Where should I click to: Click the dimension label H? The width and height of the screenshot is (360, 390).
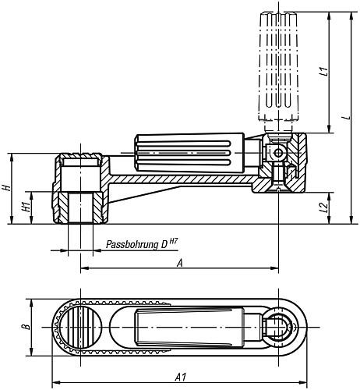click(x=6, y=188)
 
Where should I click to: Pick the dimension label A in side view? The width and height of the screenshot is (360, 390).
click(x=180, y=263)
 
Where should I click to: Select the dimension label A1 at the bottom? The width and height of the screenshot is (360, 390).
click(x=180, y=378)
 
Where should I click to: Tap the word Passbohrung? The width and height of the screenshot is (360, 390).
click(x=130, y=244)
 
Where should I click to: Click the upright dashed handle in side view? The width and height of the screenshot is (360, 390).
click(x=277, y=66)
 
